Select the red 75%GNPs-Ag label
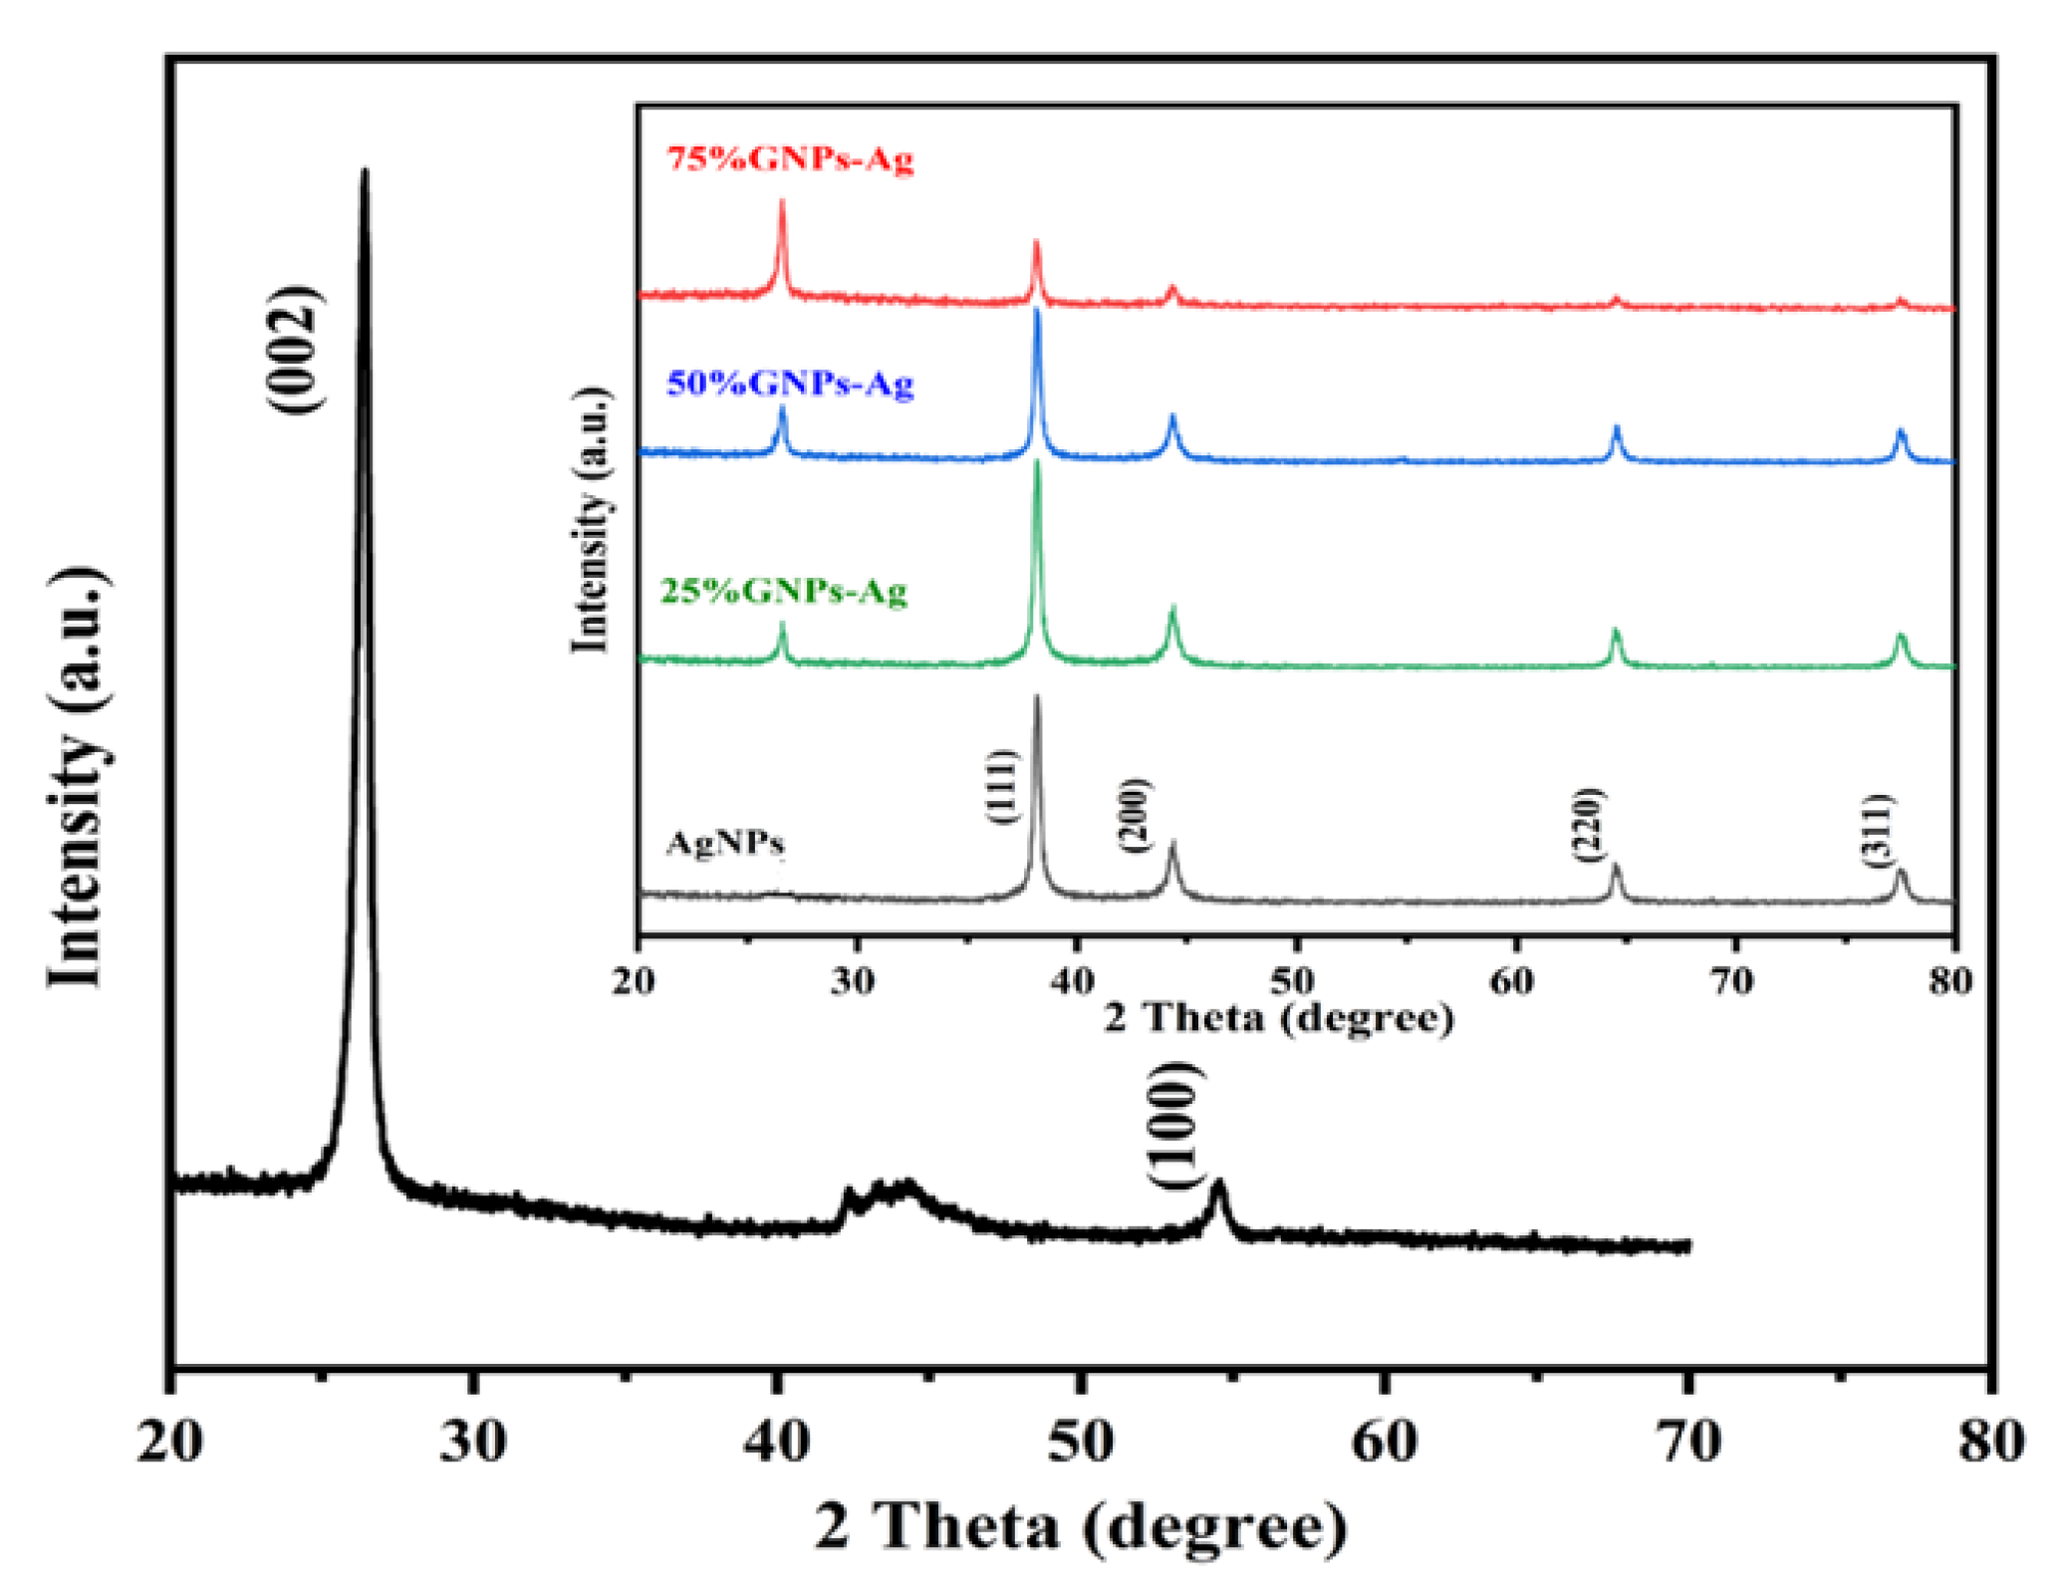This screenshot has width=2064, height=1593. (790, 159)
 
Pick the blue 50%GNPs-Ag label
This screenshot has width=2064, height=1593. (790, 384)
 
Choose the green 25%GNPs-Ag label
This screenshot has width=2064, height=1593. (784, 592)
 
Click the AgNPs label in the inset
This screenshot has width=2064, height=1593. (725, 844)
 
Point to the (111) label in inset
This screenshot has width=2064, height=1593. (1002, 787)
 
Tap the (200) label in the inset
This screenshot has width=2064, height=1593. (1135, 815)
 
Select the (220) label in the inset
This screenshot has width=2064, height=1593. (1587, 825)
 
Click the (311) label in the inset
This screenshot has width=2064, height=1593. (1880, 830)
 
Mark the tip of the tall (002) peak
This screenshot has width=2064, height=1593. (365, 171)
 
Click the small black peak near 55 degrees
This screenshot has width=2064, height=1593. (1218, 1185)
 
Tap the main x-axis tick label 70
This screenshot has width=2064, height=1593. (1687, 1443)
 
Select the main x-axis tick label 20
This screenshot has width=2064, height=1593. (169, 1443)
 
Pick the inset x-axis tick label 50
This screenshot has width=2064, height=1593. (1294, 981)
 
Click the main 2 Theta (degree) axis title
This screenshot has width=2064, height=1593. (1081, 1527)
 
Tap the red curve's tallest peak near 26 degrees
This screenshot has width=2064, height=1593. (782, 202)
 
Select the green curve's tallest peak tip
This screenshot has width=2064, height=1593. (1038, 462)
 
